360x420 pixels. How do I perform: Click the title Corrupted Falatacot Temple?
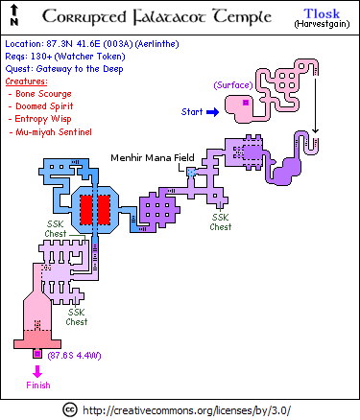pos(156,16)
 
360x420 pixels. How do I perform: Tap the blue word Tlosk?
pos(322,13)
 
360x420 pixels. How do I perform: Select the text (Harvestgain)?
pos(322,24)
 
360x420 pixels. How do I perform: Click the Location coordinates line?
pos(92,44)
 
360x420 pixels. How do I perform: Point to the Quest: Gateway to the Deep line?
pos(64,69)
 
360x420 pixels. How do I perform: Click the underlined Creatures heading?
pos(26,82)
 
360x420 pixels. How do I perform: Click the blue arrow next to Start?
pos(213,112)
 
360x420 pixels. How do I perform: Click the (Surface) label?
pos(233,85)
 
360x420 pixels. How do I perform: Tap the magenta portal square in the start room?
pos(246,103)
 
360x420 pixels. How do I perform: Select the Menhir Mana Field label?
pos(153,157)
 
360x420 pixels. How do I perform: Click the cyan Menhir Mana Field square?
pos(191,173)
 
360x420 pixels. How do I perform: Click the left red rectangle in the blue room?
pos(86,210)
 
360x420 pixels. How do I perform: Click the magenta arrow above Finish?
pos(37,371)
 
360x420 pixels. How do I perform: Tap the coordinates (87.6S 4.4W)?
pos(74,356)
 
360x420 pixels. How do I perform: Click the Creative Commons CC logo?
pos(69,409)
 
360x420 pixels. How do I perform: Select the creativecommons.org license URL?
pos(187,410)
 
